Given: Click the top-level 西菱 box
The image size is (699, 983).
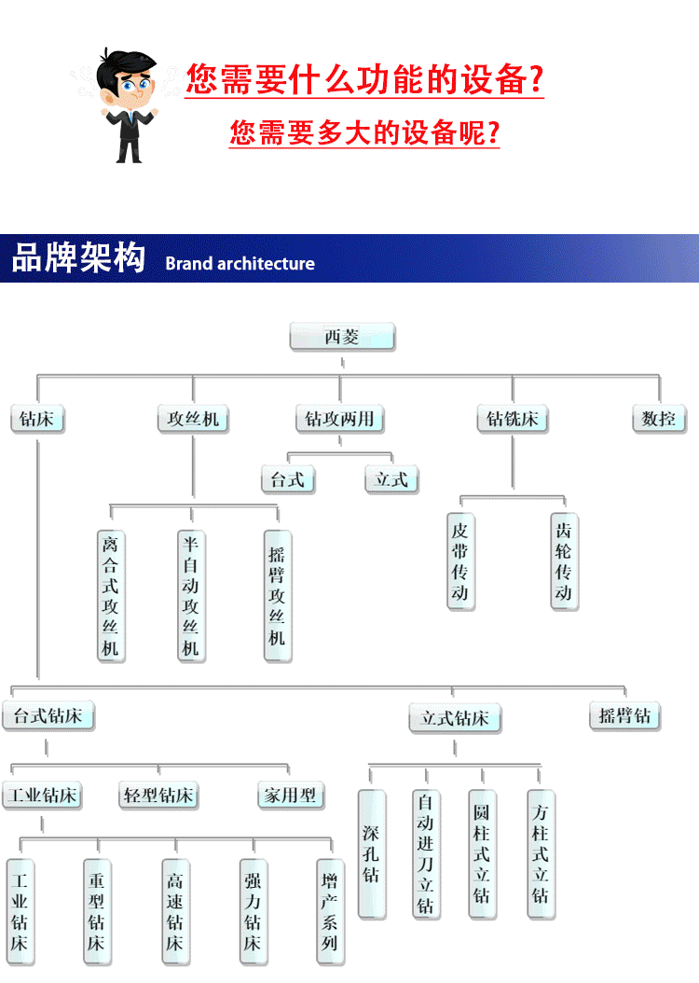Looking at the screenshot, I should point(342,337).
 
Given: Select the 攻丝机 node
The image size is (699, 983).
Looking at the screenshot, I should point(193,419).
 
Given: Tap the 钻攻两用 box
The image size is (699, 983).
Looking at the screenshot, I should point(340,419).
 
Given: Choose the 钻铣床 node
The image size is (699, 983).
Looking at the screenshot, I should point(512,419).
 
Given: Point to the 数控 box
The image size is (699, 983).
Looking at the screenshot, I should point(658,419).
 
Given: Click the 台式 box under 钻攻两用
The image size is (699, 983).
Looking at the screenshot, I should point(288,480).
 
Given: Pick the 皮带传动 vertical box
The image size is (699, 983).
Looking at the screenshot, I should point(460,561).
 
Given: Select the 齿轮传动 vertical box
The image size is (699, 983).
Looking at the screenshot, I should point(564,561).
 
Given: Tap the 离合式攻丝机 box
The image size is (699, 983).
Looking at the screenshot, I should point(111,595).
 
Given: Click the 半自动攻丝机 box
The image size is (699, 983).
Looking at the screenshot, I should point(191,595).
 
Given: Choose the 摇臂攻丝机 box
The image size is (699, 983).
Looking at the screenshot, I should point(277,595).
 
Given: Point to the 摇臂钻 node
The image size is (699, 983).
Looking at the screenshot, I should point(624,716).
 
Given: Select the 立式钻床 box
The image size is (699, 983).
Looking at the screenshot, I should point(455,718).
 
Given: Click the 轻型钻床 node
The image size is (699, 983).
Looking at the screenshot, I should point(158,796).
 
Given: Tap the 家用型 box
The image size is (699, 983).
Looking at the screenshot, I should point(290,796).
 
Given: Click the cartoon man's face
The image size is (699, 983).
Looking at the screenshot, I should point(131,88).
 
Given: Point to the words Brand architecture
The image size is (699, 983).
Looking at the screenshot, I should point(240,263).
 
